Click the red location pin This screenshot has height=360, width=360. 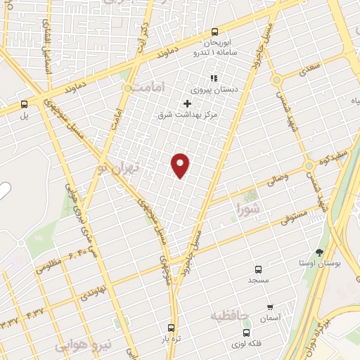coord(181,165)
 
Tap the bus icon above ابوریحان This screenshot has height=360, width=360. coord(214,31)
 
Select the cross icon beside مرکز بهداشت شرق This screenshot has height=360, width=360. coord(187,103)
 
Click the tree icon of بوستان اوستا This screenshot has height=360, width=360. coord(320,252)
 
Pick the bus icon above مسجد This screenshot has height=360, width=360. coord(258,269)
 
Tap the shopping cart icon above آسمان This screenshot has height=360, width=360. coord(270,307)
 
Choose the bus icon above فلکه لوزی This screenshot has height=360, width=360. coord(245,333)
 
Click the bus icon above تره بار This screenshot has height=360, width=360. coord(171,327)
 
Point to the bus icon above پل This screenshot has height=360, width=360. coord(24,103)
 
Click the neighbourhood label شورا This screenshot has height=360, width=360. coord(249,208)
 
